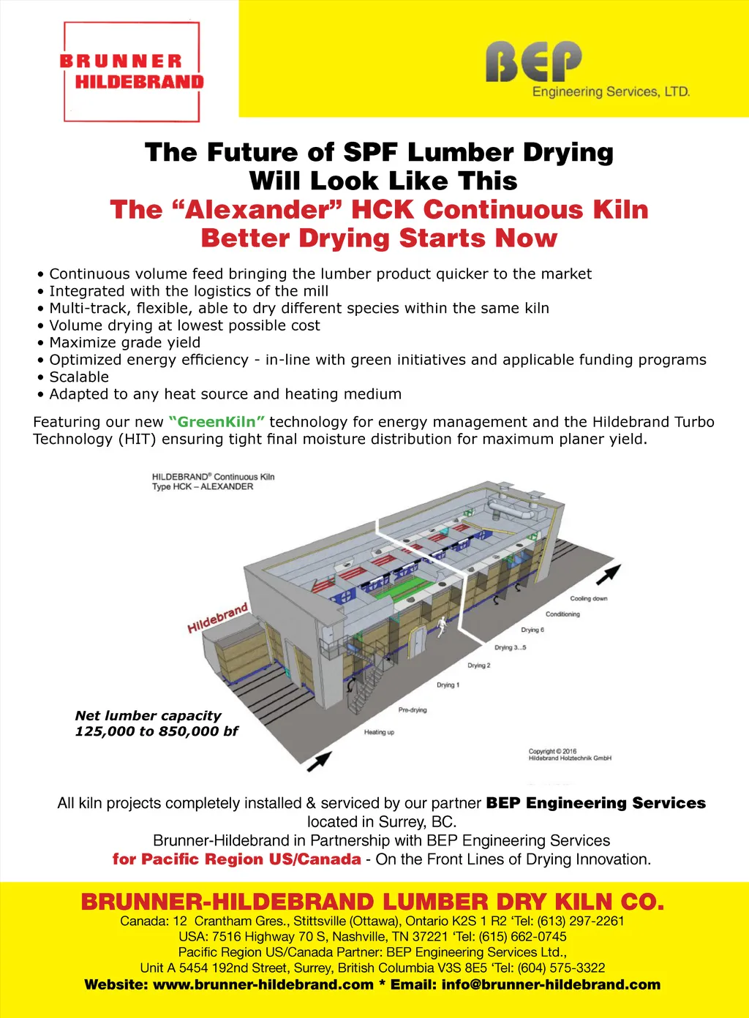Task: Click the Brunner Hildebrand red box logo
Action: [132, 72]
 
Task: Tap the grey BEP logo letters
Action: [533, 61]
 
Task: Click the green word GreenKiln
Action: [217, 422]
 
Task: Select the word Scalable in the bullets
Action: [79, 377]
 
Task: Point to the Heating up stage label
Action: [379, 732]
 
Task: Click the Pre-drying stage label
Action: [413, 710]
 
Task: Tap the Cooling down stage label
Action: [589, 598]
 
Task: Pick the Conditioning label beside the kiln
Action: [562, 614]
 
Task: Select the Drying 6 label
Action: [532, 630]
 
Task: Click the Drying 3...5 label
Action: [511, 647]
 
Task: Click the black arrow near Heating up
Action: [319, 762]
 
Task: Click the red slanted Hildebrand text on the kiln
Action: [218, 618]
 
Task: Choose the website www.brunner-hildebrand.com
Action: [263, 984]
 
